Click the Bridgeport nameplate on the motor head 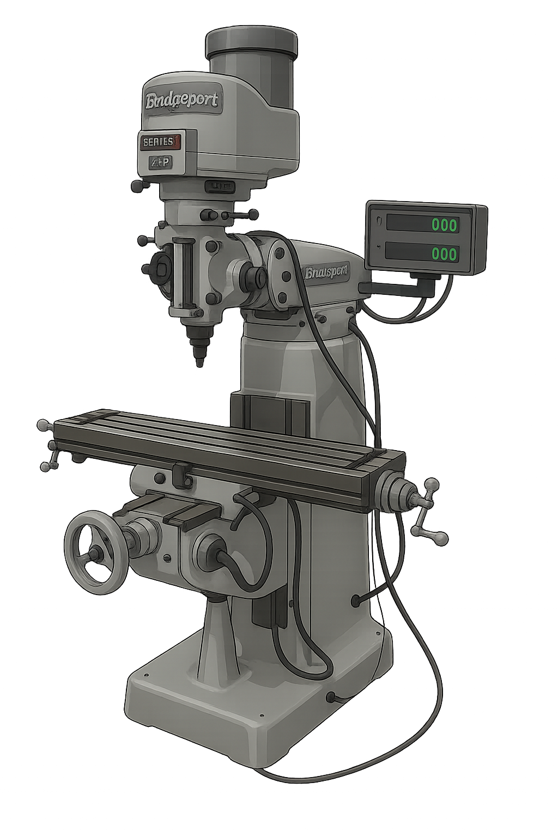click(x=182, y=101)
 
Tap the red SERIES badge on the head click(x=161, y=142)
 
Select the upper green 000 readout click(x=444, y=224)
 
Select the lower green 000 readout click(x=444, y=253)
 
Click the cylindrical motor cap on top click(x=252, y=44)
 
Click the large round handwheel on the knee click(x=94, y=553)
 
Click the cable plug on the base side click(x=331, y=696)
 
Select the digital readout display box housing click(x=426, y=238)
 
